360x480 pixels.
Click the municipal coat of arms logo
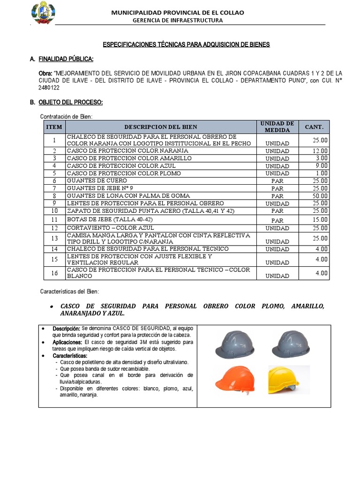(x=43, y=13)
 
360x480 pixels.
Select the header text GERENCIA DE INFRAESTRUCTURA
(x=178, y=20)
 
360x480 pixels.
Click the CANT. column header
(x=314, y=127)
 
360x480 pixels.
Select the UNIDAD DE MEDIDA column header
(x=277, y=127)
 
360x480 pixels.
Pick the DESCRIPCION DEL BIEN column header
(x=161, y=127)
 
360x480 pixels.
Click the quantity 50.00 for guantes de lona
(x=321, y=195)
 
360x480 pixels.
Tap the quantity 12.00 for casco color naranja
(x=321, y=151)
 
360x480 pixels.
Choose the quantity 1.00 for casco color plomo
(x=322, y=173)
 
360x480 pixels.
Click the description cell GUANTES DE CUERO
(x=97, y=180)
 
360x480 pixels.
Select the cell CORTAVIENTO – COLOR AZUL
(x=109, y=228)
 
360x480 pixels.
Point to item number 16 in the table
(x=54, y=273)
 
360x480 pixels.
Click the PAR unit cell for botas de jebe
(x=277, y=220)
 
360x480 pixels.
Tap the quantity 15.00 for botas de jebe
(x=321, y=219)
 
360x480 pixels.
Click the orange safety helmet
(x=235, y=379)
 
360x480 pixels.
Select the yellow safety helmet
(x=283, y=379)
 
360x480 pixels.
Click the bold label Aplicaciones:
(x=67, y=342)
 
